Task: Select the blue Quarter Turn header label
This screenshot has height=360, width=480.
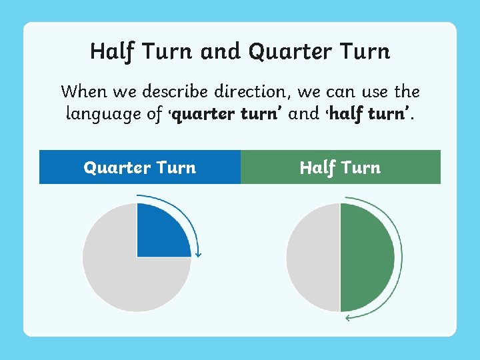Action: point(140,167)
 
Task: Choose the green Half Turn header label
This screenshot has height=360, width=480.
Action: point(340,167)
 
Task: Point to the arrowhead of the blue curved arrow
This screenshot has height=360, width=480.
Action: point(198,254)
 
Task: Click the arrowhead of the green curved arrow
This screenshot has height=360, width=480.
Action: point(349,317)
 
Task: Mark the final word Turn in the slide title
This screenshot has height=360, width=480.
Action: point(363,51)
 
